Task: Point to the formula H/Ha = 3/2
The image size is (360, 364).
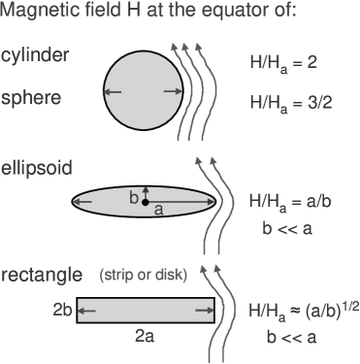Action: pos(291,101)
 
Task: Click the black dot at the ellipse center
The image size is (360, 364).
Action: pos(146,203)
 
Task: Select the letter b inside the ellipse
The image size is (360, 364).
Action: pos(135,197)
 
